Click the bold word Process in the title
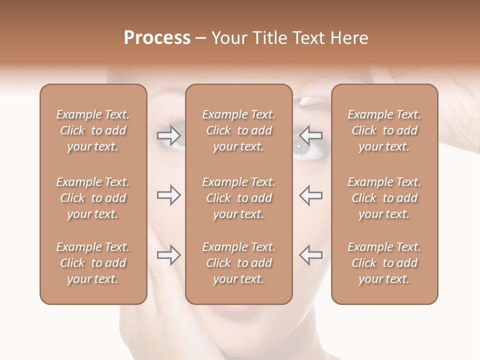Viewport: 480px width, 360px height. [157, 38]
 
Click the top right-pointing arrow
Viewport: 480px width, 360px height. [168, 134]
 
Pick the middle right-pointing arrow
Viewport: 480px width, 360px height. [168, 195]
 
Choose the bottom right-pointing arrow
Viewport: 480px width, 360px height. [168, 255]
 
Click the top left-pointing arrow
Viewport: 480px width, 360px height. [311, 134]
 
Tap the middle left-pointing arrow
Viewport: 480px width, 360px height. [311, 195]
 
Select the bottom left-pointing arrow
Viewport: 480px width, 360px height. [311, 255]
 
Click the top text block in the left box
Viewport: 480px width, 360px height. [93, 130]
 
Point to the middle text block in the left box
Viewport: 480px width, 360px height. [93, 198]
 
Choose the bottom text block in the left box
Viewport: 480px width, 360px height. [93, 263]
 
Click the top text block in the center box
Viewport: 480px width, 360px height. [238, 130]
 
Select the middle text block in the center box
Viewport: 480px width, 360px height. [238, 198]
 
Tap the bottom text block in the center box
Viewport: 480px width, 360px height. [238, 263]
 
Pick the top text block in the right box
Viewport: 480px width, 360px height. [384, 130]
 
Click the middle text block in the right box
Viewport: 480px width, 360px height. [384, 198]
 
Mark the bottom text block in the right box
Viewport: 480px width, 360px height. [384, 263]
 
